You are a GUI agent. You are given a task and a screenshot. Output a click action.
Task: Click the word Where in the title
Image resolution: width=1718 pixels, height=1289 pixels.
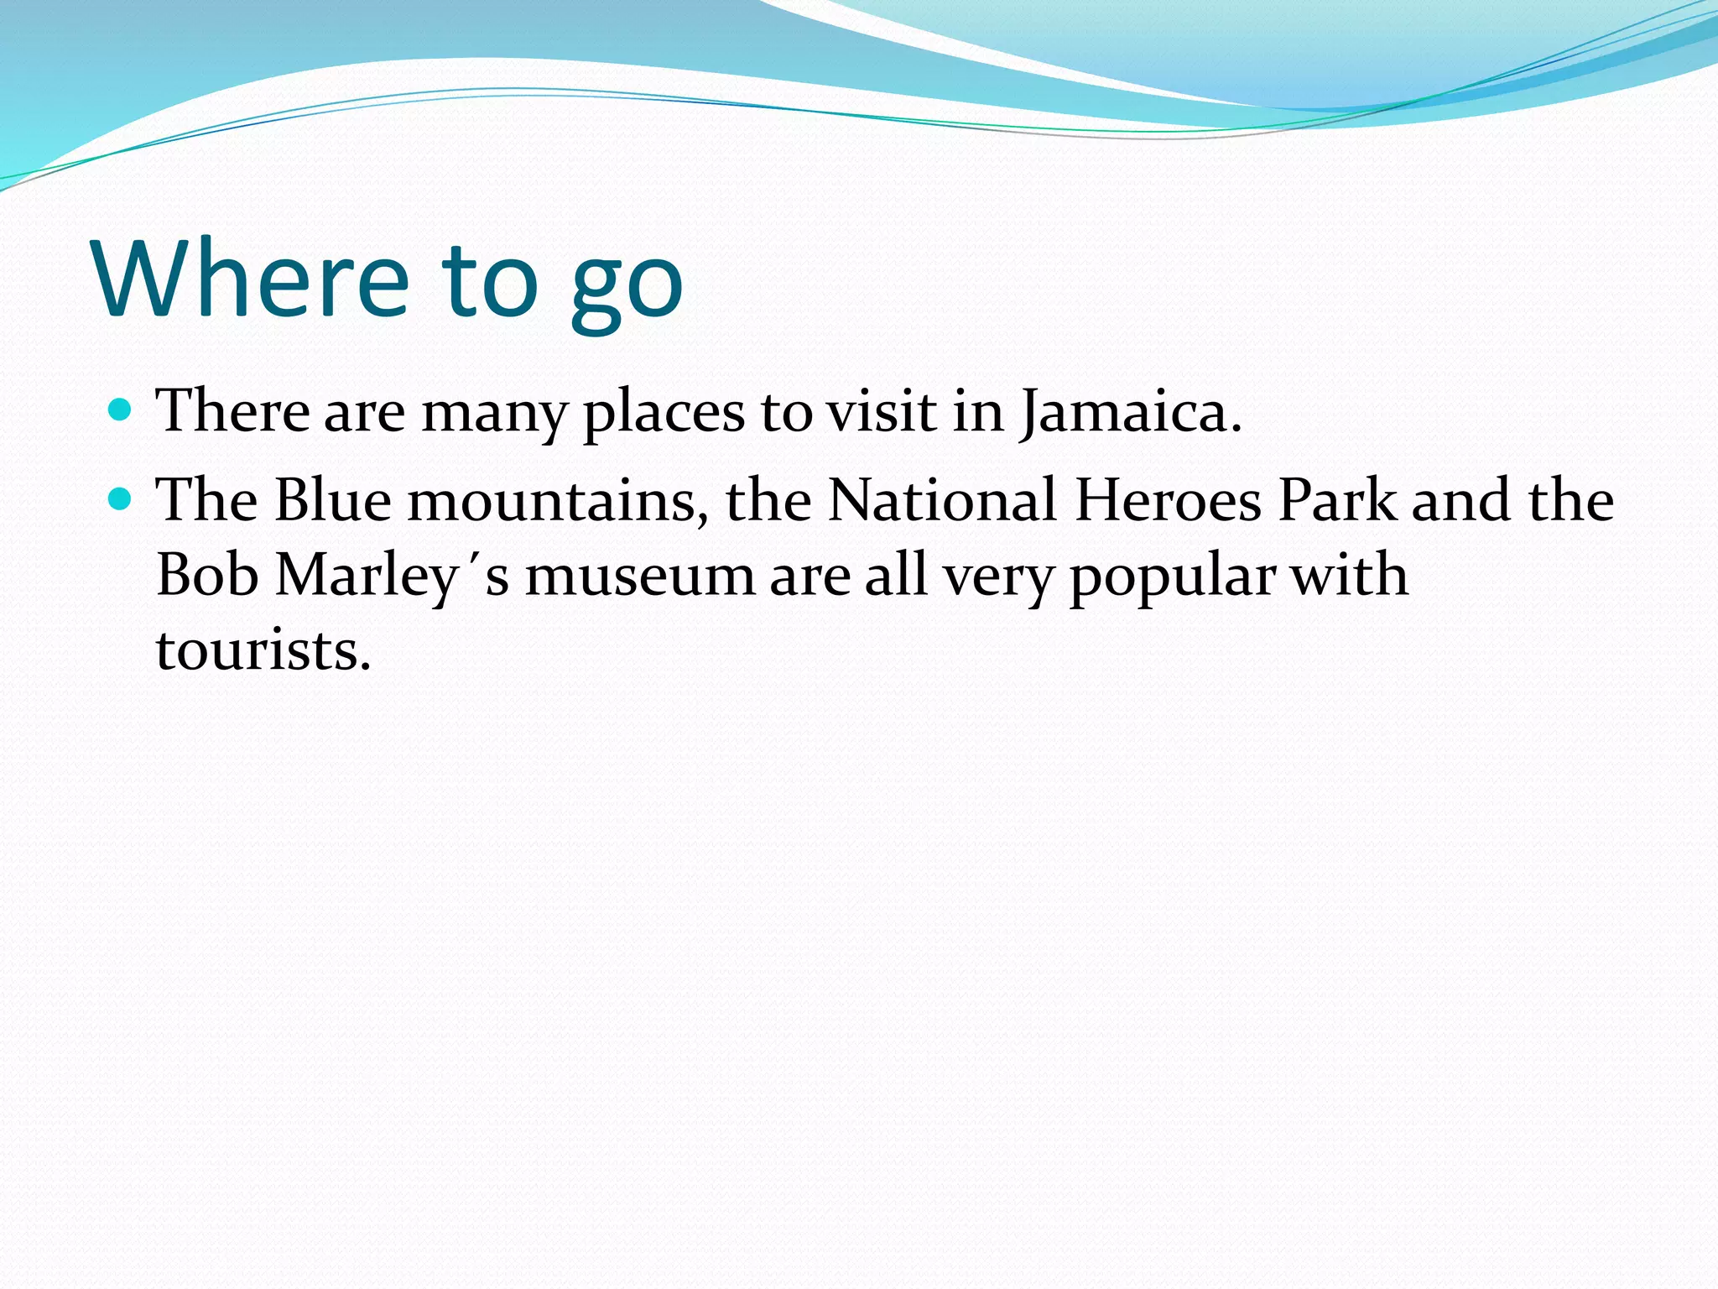pos(252,279)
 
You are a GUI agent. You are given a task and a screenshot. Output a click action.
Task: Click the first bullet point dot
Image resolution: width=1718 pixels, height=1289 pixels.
pos(122,410)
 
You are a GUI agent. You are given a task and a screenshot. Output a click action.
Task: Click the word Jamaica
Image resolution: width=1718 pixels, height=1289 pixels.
pos(1130,413)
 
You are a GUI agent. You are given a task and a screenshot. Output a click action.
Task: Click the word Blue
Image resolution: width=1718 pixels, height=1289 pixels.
pos(333,500)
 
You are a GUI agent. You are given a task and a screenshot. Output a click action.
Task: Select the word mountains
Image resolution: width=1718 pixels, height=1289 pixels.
pos(557,502)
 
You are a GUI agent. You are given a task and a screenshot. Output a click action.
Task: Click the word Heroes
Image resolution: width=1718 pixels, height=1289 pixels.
pos(1168,500)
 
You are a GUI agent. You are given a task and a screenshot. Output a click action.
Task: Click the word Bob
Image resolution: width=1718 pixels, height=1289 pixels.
pos(207,576)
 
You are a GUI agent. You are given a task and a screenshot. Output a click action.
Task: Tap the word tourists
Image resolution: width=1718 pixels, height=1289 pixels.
pos(263,650)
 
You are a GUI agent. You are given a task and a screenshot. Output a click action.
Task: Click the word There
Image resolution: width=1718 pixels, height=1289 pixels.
pos(232,411)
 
